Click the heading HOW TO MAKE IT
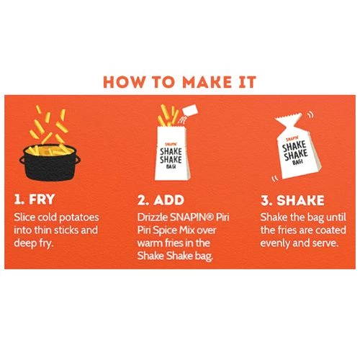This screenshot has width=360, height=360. (x=180, y=82)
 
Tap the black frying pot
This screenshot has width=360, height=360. (x=50, y=163)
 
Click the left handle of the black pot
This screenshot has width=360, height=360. (x=22, y=160)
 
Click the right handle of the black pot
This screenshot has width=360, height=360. (x=77, y=160)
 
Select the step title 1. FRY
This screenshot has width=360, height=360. (x=35, y=199)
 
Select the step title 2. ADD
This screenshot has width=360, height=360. (x=161, y=200)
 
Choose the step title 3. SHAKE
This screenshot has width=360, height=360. (x=292, y=200)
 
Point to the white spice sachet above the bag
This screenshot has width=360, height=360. (x=190, y=110)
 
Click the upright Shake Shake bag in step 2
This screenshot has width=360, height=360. (x=173, y=153)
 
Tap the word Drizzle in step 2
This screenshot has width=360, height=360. (x=153, y=217)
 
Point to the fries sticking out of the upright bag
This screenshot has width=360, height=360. (x=168, y=115)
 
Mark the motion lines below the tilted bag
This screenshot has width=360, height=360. (x=274, y=179)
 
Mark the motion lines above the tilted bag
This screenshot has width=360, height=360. (x=310, y=114)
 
